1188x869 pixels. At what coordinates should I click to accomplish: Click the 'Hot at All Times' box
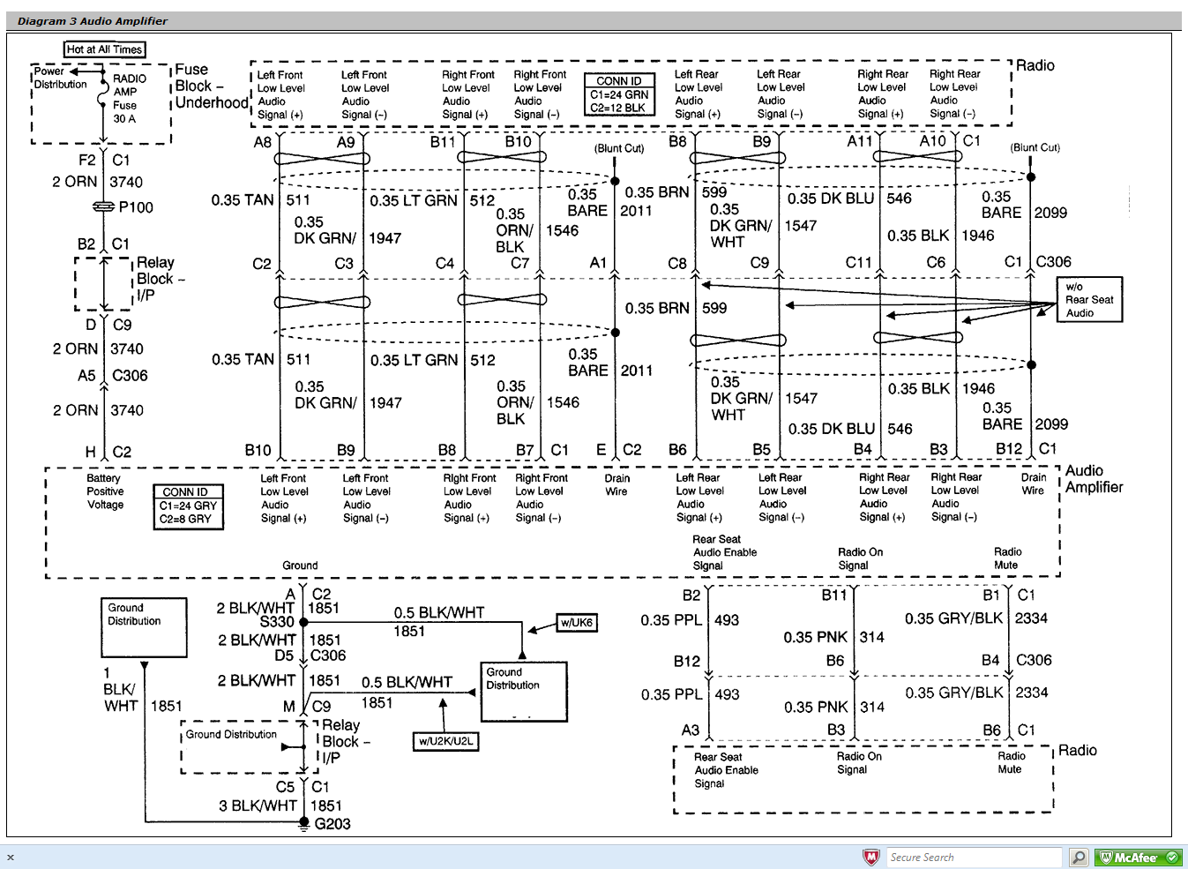tap(104, 49)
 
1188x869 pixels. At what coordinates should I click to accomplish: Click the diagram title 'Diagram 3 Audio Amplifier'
tap(93, 21)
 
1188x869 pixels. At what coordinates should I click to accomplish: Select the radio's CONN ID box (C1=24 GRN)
tap(619, 94)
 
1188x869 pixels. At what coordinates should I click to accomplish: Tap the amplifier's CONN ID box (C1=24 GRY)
tap(188, 506)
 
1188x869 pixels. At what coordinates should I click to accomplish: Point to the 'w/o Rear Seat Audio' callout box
tap(1089, 300)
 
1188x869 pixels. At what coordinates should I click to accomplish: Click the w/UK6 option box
tap(577, 623)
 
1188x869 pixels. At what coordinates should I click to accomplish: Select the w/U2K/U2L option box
tap(446, 741)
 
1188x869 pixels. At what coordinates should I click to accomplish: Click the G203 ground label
tap(332, 824)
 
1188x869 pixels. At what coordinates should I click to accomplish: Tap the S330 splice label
tap(277, 622)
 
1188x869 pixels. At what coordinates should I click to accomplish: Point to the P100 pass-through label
tap(136, 207)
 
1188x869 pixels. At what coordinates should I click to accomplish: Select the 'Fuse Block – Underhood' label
tap(211, 86)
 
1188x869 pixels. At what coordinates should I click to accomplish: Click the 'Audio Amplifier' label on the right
tap(1094, 479)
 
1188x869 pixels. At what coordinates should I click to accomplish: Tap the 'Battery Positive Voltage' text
tap(105, 491)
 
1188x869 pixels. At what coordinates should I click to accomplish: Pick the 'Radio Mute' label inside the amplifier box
tap(1006, 558)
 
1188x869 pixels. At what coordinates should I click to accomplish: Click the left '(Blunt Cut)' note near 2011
tap(619, 148)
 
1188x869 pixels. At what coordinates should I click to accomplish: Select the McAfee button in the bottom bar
tap(1138, 858)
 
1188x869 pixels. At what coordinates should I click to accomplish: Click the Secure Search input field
tap(974, 858)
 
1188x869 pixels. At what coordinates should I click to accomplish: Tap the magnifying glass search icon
tap(1078, 858)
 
